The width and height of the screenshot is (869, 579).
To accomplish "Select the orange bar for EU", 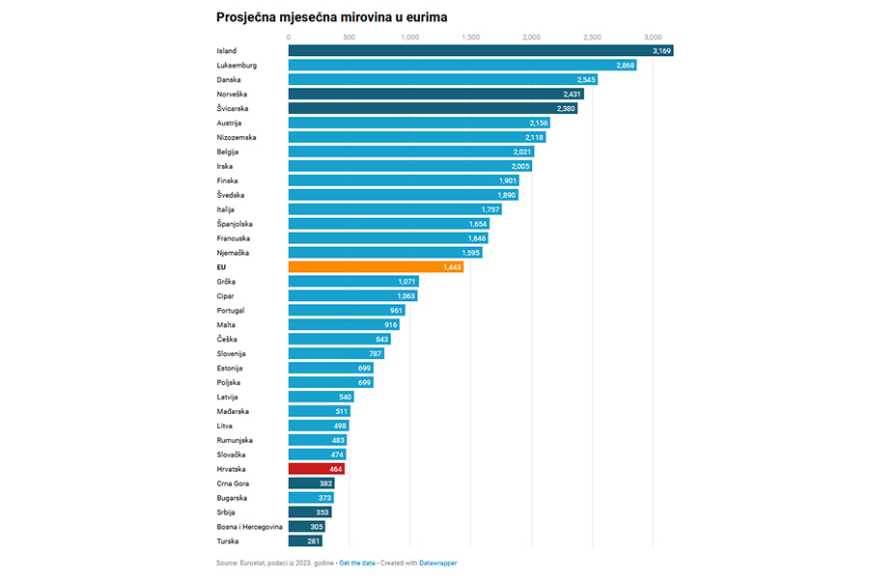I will click(x=376, y=266).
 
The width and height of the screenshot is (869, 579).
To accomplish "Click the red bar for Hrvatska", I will click(x=316, y=469).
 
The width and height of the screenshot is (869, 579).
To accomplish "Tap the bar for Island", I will click(x=480, y=50).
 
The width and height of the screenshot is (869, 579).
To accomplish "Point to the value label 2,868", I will click(x=626, y=65).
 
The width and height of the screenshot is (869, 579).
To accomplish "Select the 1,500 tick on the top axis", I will click(x=470, y=37).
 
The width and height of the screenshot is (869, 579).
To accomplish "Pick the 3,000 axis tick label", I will click(x=653, y=37).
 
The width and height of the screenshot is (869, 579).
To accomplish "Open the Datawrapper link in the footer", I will click(x=437, y=563).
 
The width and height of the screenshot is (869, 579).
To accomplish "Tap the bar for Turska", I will click(x=305, y=541).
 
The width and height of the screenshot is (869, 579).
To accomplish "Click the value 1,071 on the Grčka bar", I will click(x=406, y=281).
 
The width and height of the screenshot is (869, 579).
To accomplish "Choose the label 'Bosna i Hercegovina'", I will click(x=250, y=527).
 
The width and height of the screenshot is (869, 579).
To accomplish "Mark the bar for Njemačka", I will click(x=384, y=252).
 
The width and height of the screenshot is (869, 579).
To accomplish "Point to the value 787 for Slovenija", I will click(x=376, y=353).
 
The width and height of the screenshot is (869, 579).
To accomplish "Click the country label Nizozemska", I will click(x=237, y=137).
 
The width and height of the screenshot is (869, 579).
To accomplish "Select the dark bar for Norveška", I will click(x=435, y=94).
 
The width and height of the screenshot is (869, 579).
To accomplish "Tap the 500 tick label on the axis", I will click(x=349, y=37).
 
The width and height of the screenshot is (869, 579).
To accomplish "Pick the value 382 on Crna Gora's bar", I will click(x=326, y=483).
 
